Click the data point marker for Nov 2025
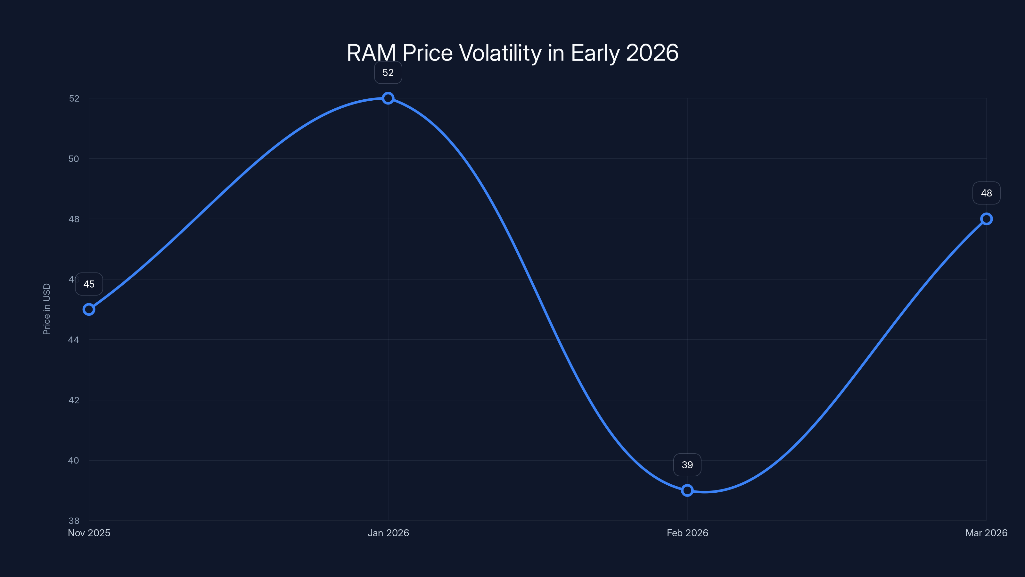[x=89, y=309]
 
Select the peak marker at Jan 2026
[x=388, y=98]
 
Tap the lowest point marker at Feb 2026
[x=687, y=490]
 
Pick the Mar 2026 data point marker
[x=987, y=219]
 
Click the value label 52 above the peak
[x=388, y=72]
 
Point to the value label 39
[x=687, y=465]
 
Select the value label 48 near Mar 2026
[x=987, y=193]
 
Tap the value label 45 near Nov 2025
[x=89, y=284]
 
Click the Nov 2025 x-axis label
[x=89, y=533]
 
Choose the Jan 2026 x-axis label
[x=388, y=533]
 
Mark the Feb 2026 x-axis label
[x=687, y=533]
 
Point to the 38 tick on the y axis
[x=74, y=521]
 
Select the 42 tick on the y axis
[x=74, y=400]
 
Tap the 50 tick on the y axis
[x=74, y=158]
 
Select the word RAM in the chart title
[x=371, y=53]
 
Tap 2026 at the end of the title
[x=652, y=53]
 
